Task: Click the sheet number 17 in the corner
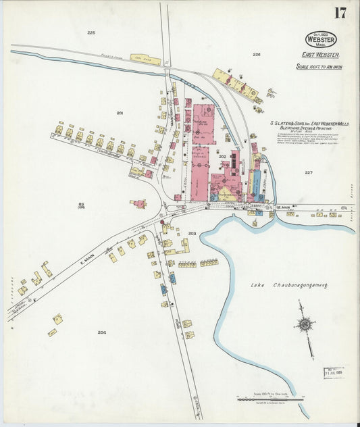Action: pyautogui.click(x=340, y=13)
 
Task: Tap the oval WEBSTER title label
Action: pyautogui.click(x=321, y=39)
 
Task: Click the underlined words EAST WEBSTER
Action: pyautogui.click(x=320, y=55)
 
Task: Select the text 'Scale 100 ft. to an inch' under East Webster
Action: pyautogui.click(x=319, y=67)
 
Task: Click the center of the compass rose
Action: pyautogui.click(x=305, y=325)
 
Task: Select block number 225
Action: pyautogui.click(x=91, y=32)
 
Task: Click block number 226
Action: pyautogui.click(x=257, y=54)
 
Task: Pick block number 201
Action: pyautogui.click(x=120, y=113)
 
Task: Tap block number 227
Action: pyautogui.click(x=309, y=172)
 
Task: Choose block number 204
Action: pyautogui.click(x=102, y=332)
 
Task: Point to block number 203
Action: pyautogui.click(x=192, y=233)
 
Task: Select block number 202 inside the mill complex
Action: pyautogui.click(x=222, y=156)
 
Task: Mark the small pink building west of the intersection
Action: pyautogui.click(x=140, y=203)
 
